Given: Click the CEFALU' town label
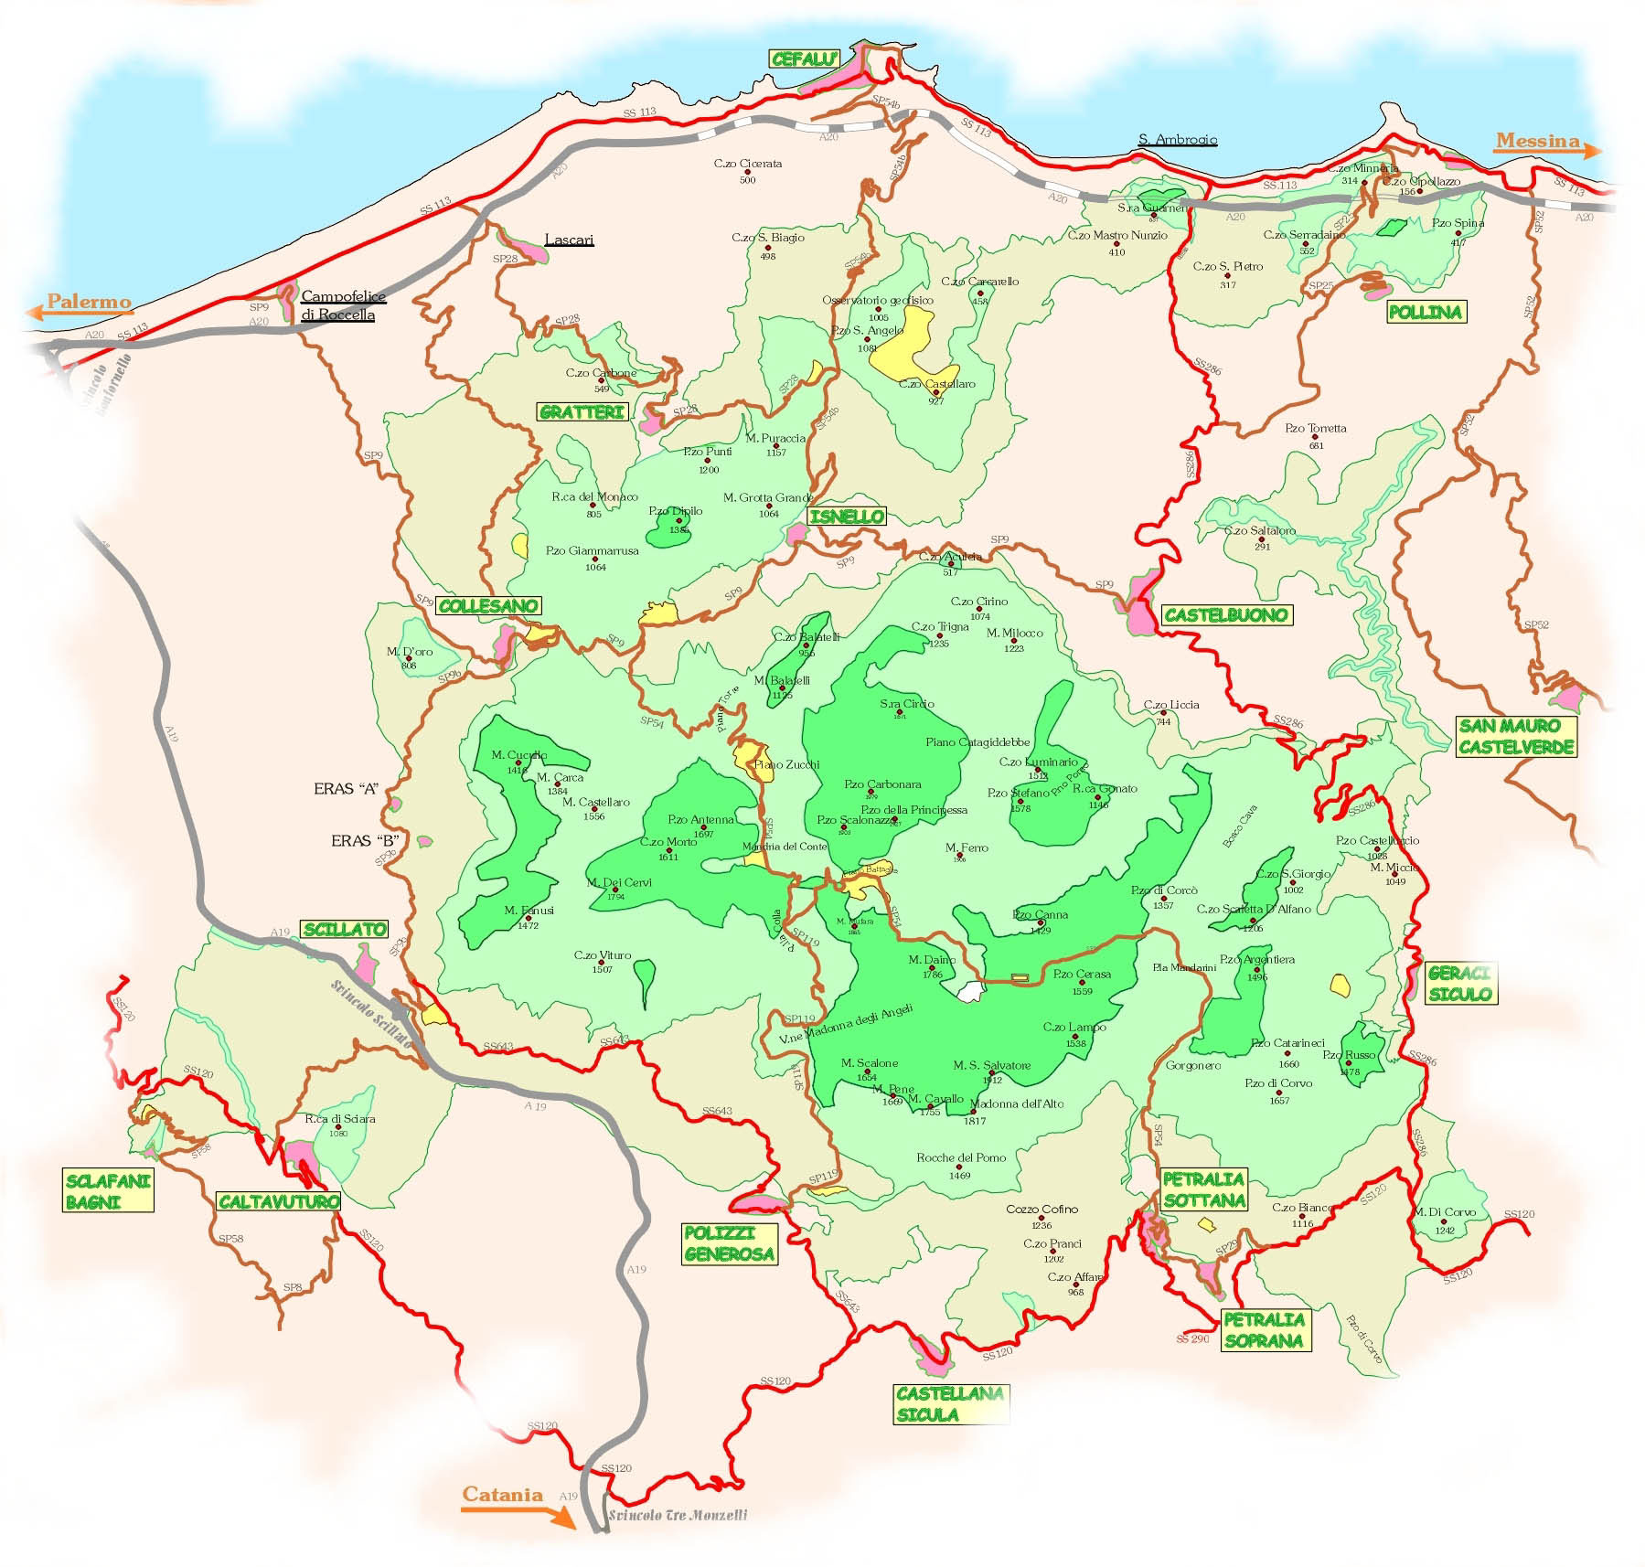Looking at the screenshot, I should pos(805,59).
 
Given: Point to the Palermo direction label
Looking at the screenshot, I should pos(89,302).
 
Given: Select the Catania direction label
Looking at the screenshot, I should pos(502,1495).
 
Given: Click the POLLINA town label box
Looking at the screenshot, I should pos(1425,312).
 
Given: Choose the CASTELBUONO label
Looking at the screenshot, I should pos(1225,615).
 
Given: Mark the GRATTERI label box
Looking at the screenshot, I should pos(582,412).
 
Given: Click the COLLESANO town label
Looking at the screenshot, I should pos(488,606).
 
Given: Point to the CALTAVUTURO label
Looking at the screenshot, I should pos(279,1201).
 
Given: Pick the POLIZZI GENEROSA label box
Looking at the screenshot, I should pos(729,1245).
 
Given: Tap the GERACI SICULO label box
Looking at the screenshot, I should pos(1459,984).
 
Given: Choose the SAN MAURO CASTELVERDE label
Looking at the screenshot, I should pos(1516,737).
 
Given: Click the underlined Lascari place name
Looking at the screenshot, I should pos(569,240).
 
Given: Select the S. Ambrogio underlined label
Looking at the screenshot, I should pos(1178,140).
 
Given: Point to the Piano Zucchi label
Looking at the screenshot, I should pos(786,764).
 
